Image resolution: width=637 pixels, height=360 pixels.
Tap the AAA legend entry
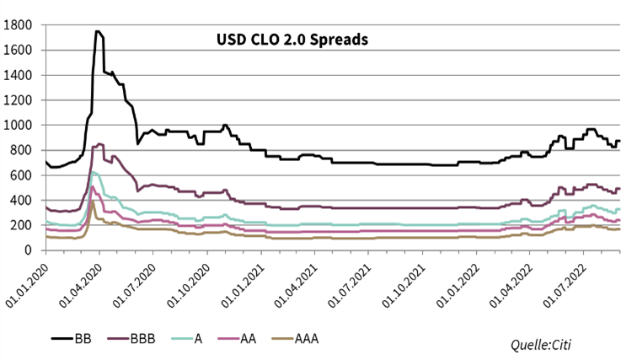[302, 340]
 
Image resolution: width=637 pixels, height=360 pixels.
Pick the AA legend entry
[245, 340]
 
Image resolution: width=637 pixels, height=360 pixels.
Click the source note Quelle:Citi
[544, 343]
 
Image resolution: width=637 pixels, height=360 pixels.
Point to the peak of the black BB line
[97, 31]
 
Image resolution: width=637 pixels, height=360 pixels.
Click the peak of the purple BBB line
[99, 143]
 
